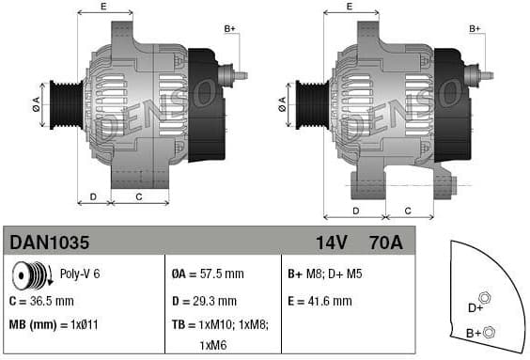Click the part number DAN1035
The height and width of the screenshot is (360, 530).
[x=50, y=243]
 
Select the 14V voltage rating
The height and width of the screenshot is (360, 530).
[x=331, y=243]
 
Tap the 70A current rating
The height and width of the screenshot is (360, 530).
[x=385, y=243]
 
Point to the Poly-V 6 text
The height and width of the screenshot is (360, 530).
[x=81, y=275]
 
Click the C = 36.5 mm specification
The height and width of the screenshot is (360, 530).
[x=41, y=301]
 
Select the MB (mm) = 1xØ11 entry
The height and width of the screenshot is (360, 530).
[x=54, y=325]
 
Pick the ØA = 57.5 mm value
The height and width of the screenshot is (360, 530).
[x=208, y=275]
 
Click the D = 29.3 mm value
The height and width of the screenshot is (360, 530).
[x=206, y=301]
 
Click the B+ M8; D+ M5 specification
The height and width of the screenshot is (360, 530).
[x=324, y=275]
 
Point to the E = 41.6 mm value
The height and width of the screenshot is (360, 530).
[x=320, y=301]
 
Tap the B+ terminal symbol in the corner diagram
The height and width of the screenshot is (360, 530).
[x=489, y=331]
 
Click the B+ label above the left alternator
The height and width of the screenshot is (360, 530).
[x=230, y=29]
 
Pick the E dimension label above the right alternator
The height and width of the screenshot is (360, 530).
[x=350, y=7]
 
